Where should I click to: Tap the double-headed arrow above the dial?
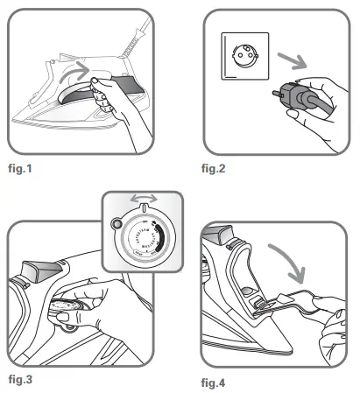pyautogui.click(x=142, y=200)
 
